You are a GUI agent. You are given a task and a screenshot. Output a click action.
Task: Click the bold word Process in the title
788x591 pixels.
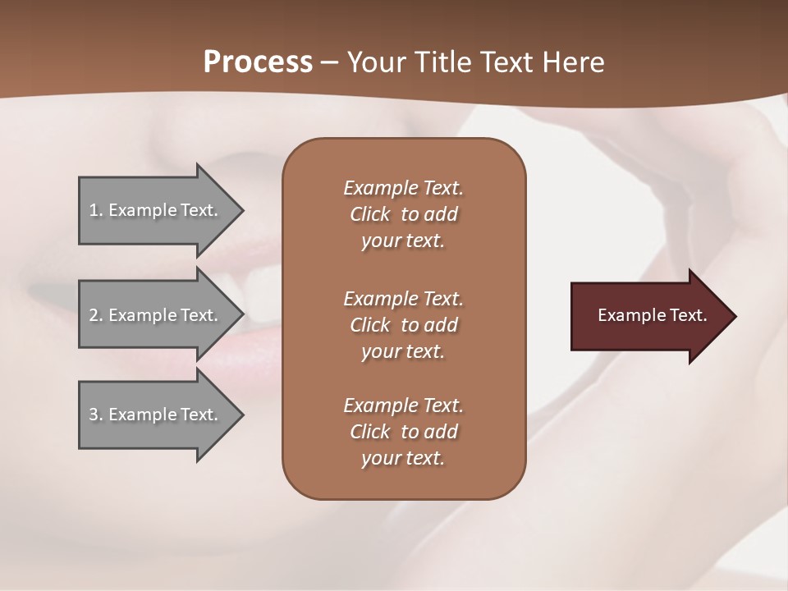pos(258,62)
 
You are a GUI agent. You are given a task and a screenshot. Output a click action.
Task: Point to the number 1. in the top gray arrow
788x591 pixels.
pos(96,210)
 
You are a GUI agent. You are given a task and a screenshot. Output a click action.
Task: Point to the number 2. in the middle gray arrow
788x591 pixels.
pos(96,315)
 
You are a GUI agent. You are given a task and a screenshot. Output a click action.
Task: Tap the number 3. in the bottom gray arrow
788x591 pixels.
pos(96,415)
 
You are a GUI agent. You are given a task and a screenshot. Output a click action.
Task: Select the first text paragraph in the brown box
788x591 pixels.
pos(403,214)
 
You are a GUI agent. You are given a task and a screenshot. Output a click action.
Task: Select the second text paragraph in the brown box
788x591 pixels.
pos(403,324)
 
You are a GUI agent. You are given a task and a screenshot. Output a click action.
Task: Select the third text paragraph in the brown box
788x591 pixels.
pos(403,432)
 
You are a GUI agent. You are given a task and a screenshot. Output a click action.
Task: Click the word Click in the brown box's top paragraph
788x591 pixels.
pos(370,214)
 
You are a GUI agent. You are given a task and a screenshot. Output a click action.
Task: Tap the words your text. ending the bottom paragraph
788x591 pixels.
pos(403,459)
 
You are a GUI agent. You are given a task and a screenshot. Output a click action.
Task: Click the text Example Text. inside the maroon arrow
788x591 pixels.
pos(653,315)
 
